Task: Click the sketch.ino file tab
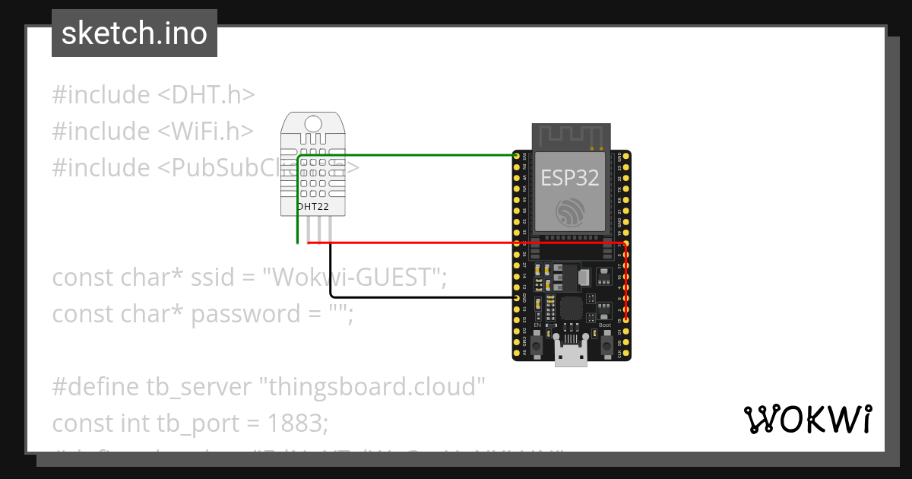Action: (134, 33)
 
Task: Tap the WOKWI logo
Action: (807, 419)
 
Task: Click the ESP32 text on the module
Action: (569, 178)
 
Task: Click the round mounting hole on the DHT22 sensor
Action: (312, 123)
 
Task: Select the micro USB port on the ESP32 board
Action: (570, 354)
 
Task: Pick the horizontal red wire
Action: (456, 243)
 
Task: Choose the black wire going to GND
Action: (418, 297)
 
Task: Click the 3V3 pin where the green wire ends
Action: (517, 156)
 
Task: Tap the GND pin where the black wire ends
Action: (517, 299)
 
